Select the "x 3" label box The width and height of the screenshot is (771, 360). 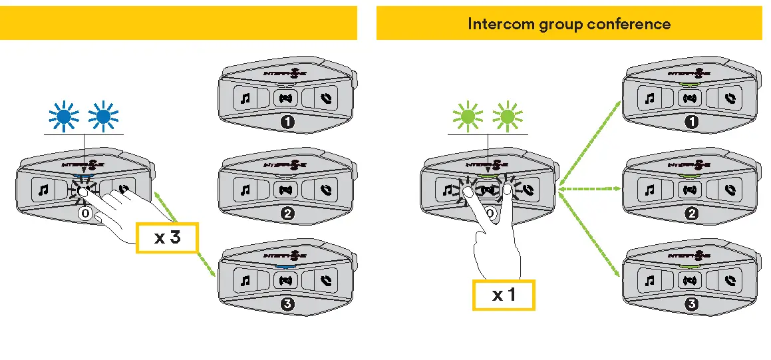click(x=167, y=237)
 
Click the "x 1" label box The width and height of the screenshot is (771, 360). click(x=503, y=294)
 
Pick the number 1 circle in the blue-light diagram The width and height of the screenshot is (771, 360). click(x=285, y=122)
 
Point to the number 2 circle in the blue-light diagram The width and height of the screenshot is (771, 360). click(x=285, y=214)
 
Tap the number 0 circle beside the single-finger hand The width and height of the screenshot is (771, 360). click(x=84, y=214)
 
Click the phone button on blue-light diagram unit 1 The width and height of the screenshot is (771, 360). click(x=325, y=99)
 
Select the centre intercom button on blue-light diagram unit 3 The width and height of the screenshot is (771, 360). click(x=285, y=281)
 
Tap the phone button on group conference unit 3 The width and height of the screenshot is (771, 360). click(x=730, y=281)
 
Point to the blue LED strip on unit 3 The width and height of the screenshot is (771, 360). click(x=285, y=266)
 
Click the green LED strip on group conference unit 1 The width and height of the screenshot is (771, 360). click(x=690, y=85)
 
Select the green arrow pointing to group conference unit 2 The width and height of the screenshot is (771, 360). click(x=589, y=190)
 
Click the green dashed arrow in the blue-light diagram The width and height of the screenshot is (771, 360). click(x=186, y=233)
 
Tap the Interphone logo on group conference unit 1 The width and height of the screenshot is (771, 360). click(x=690, y=72)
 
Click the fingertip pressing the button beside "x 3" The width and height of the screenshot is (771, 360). click(x=83, y=192)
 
